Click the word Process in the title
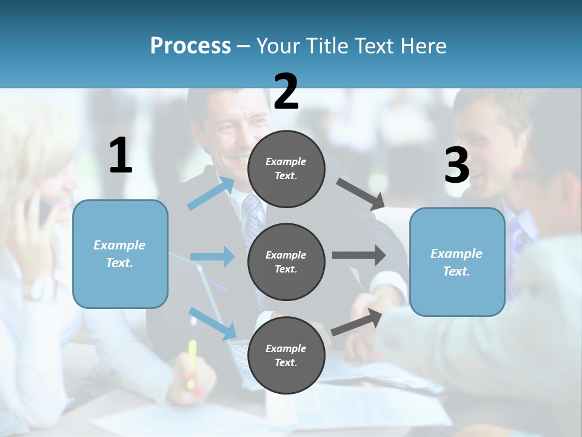pyautogui.click(x=190, y=46)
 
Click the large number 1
pyautogui.click(x=121, y=155)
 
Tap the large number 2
pyautogui.click(x=286, y=91)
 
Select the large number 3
pyautogui.click(x=457, y=165)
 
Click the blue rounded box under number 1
pyautogui.click(x=120, y=254)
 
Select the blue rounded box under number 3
pyautogui.click(x=457, y=262)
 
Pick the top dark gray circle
pyautogui.click(x=286, y=169)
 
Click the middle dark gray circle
pyautogui.click(x=286, y=262)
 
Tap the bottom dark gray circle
pyautogui.click(x=286, y=355)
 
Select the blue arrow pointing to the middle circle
pyautogui.click(x=212, y=257)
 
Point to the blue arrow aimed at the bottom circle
pyautogui.click(x=213, y=323)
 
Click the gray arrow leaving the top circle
pyautogui.click(x=360, y=194)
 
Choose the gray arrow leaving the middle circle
pyautogui.click(x=358, y=255)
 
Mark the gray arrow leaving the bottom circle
pyautogui.click(x=357, y=322)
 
